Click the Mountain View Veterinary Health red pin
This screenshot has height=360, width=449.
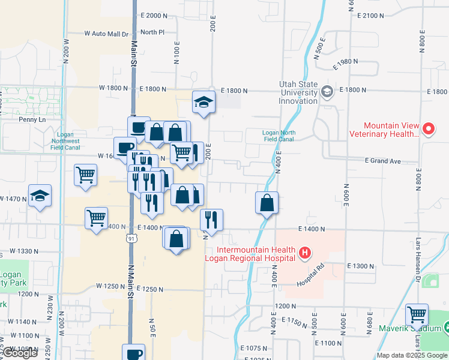[x=429, y=128]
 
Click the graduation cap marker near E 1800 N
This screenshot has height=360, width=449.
[x=203, y=102]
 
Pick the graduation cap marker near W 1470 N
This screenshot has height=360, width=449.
[x=40, y=196]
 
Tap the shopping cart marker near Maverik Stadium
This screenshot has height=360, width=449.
[x=417, y=314]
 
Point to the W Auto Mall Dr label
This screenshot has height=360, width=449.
[x=107, y=34]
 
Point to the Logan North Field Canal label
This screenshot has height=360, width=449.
[x=279, y=136]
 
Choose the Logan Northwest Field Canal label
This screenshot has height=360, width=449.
[x=66, y=140]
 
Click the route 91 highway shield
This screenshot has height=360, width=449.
[x=131, y=239]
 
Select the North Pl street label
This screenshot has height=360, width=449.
[x=153, y=32]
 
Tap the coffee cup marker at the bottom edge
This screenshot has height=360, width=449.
[x=133, y=353]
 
